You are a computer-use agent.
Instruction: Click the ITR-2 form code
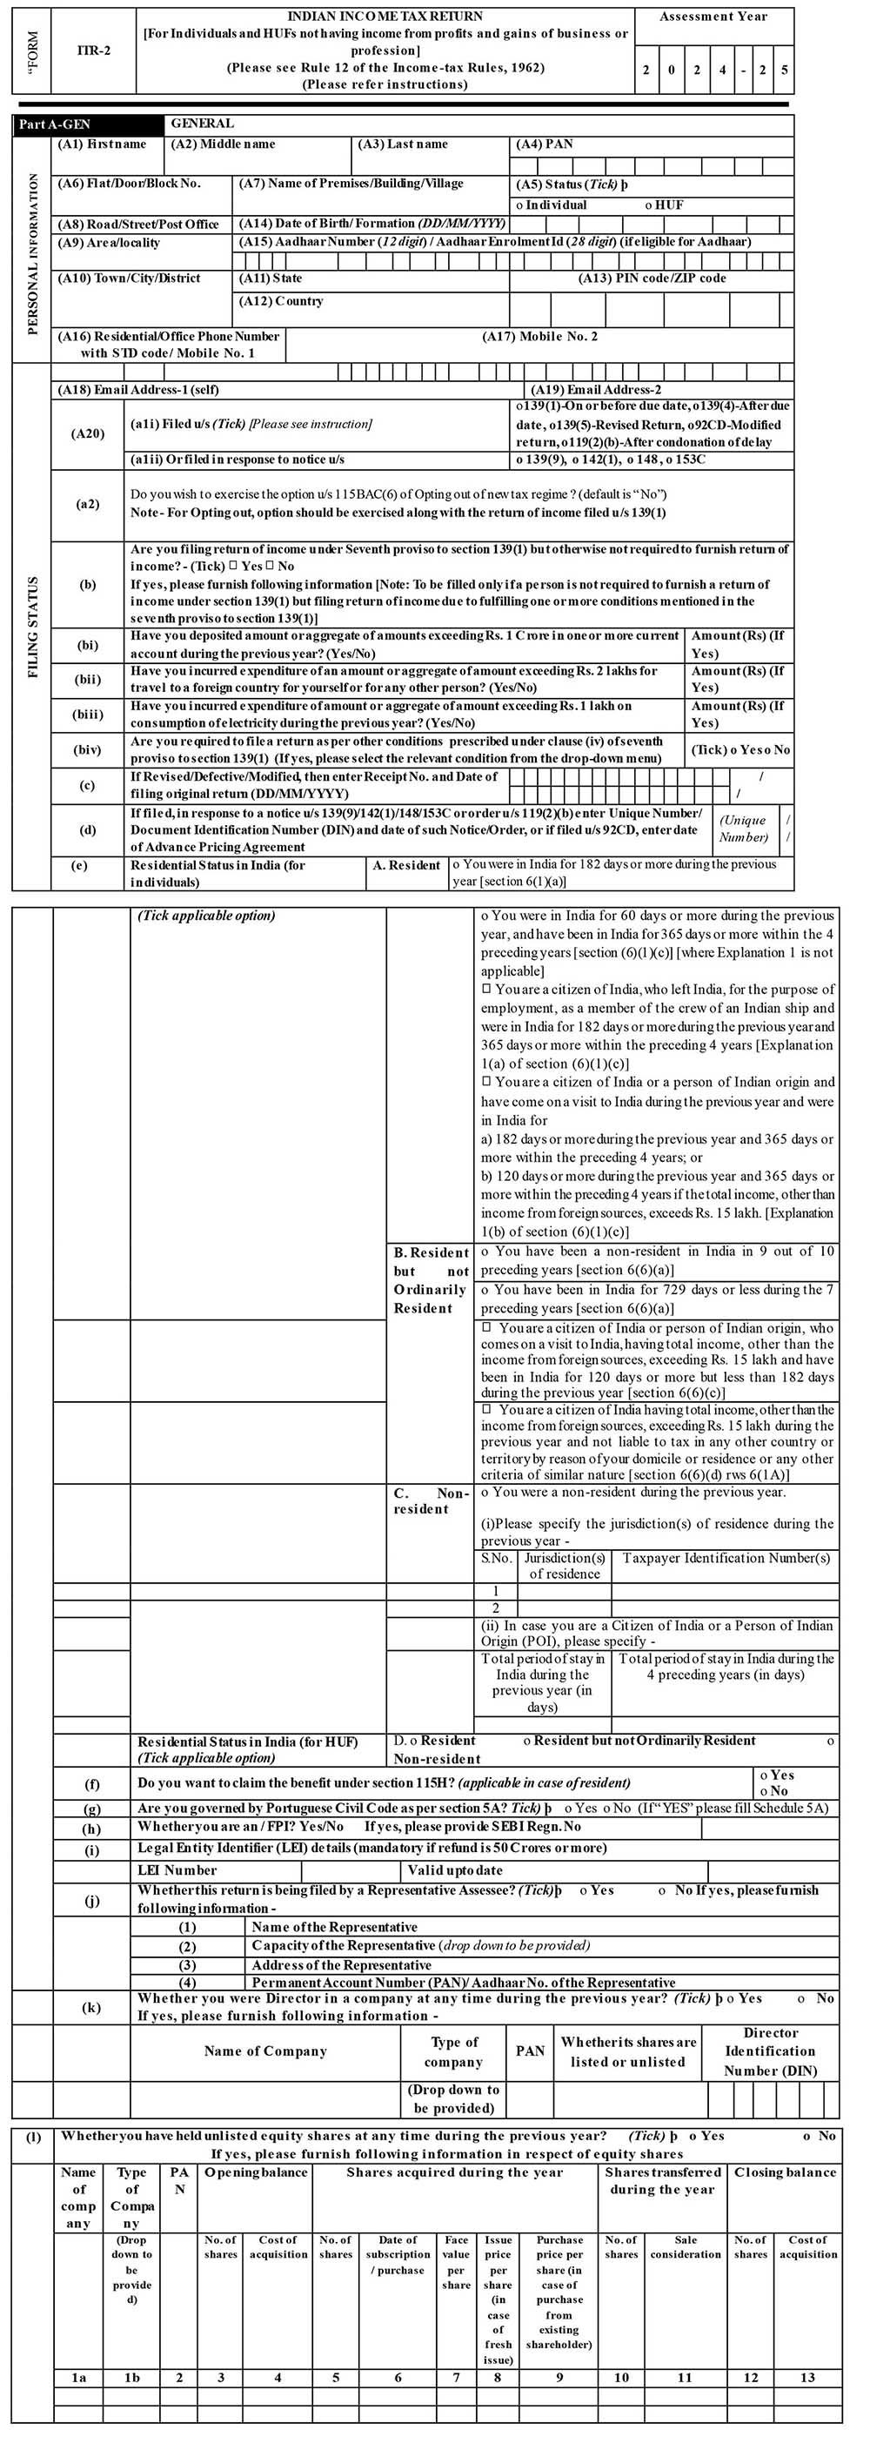(93, 50)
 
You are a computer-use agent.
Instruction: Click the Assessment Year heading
(713, 17)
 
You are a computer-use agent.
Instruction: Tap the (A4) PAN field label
(544, 144)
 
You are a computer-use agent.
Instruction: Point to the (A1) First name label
(102, 144)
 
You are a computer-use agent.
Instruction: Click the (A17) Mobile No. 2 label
(539, 337)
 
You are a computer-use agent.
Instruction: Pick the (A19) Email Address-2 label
(596, 390)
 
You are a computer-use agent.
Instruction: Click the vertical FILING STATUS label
(33, 628)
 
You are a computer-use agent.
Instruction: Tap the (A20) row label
(88, 433)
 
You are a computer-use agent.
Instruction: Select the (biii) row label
(88, 715)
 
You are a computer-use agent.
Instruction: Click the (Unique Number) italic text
(743, 829)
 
